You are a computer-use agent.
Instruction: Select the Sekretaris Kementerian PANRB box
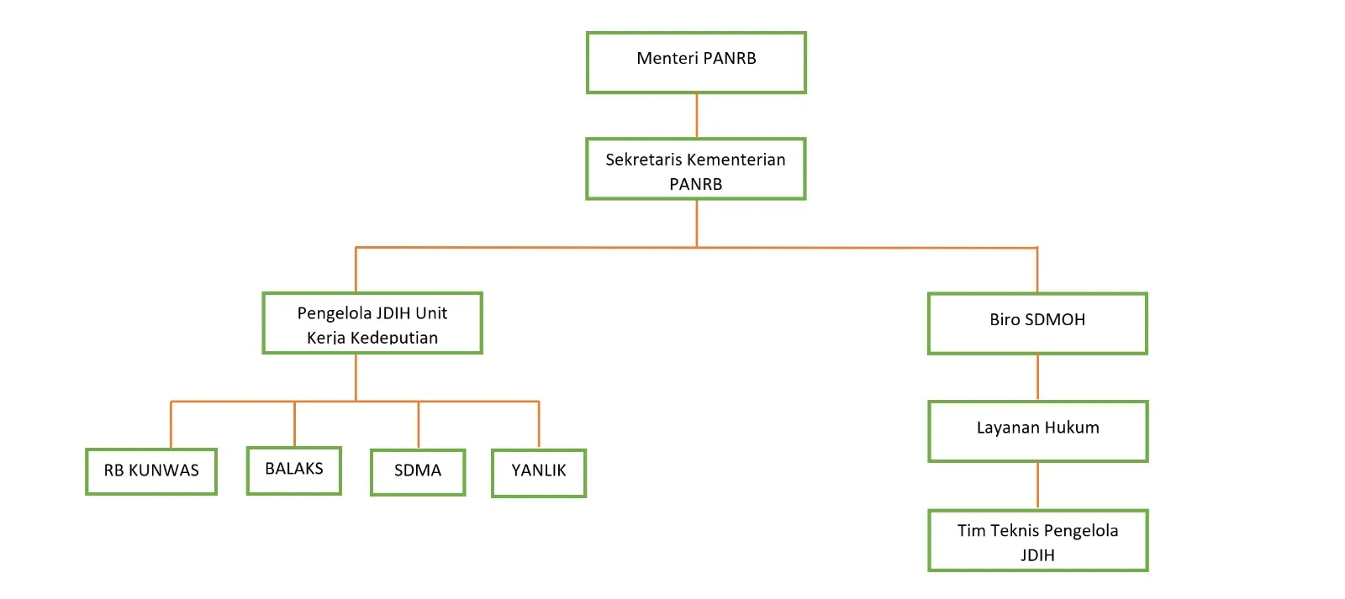point(696,169)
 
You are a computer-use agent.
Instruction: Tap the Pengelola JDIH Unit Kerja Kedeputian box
point(372,323)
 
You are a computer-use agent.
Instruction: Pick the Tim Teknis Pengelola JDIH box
point(1037,541)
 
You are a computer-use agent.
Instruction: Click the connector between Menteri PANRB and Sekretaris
point(697,115)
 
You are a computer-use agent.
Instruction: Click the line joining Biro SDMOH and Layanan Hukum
point(1037,377)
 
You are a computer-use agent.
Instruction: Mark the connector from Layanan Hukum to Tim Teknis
point(1037,486)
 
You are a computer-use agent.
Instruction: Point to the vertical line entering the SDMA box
point(419,425)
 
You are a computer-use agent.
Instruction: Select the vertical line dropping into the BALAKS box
point(294,424)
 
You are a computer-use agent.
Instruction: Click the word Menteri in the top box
point(667,58)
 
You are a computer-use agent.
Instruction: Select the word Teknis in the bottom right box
point(1015,531)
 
